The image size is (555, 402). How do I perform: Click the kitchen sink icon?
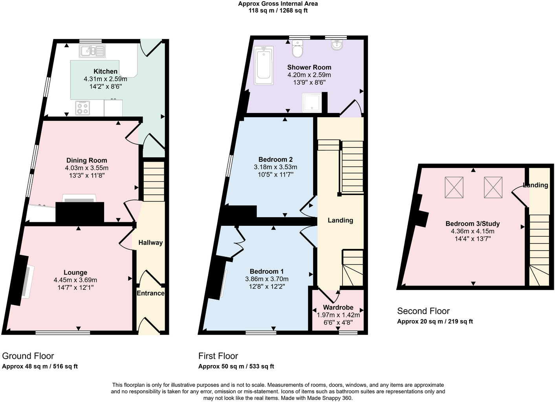[x=92, y=51]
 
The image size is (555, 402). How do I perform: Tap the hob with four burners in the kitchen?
[x=82, y=108]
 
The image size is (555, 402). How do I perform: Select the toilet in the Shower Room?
[x=297, y=49]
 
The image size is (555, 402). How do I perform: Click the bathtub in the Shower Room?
[x=264, y=66]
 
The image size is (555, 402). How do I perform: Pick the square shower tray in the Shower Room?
[x=312, y=102]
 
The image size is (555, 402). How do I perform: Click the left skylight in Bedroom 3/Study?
[x=454, y=187]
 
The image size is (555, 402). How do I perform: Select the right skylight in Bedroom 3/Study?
[x=493, y=187]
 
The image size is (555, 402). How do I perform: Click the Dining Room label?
[x=86, y=160]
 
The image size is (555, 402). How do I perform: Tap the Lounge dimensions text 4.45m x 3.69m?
[x=75, y=280]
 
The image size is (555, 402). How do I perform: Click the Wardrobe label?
[x=338, y=307]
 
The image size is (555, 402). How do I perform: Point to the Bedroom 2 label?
[x=275, y=159]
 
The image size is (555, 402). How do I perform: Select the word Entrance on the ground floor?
[x=150, y=293]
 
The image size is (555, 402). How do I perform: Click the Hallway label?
[x=150, y=243]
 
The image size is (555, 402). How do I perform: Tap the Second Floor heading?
[x=423, y=311]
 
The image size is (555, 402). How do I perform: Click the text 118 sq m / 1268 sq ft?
[x=278, y=11]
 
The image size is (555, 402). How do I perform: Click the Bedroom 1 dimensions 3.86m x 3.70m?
[x=267, y=279]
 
